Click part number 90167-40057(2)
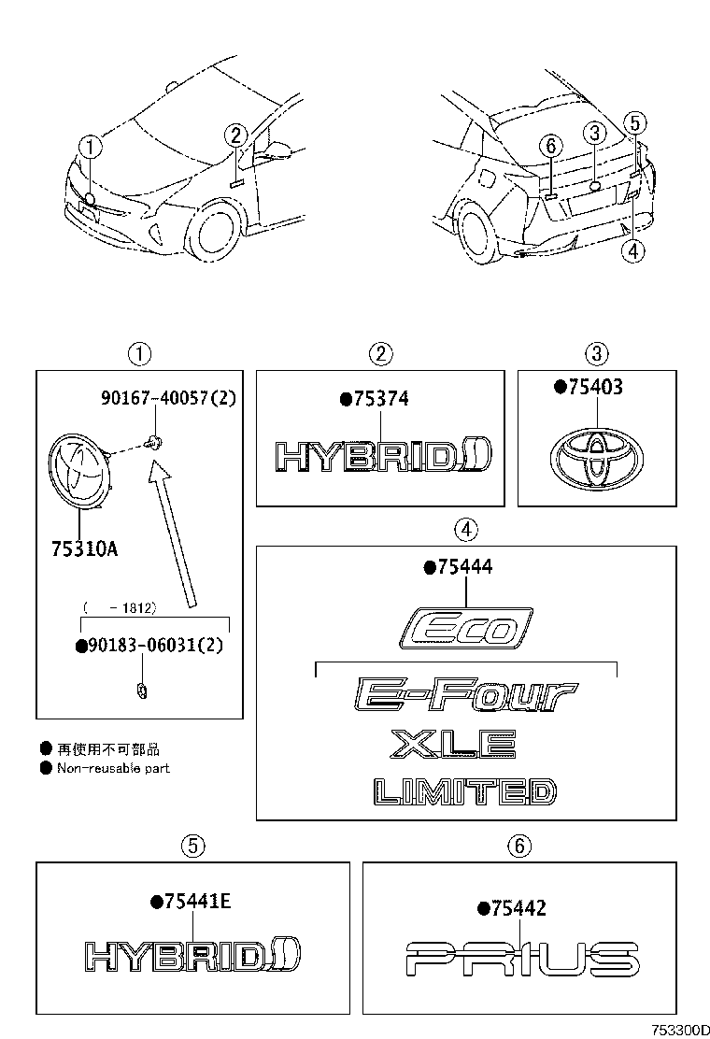click(168, 398)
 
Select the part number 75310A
click(84, 548)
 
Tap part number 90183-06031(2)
click(154, 646)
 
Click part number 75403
click(594, 387)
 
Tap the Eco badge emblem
click(465, 628)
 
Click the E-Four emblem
click(465, 695)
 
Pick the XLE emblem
click(453, 745)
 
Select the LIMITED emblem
click(464, 792)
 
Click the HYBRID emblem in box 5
click(191, 954)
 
